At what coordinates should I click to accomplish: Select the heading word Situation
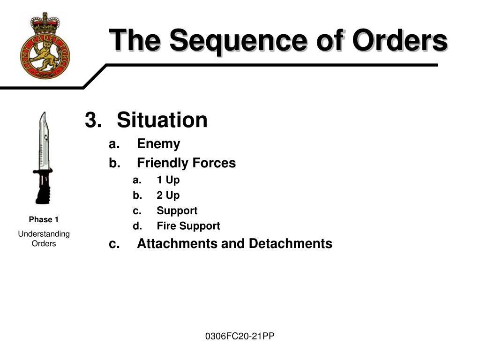click(162, 120)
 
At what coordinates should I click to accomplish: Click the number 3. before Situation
click(93, 120)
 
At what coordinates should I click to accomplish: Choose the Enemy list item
click(158, 144)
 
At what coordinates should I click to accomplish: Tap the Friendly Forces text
click(186, 163)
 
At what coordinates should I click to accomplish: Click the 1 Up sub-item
click(168, 180)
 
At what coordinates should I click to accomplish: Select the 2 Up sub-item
click(168, 195)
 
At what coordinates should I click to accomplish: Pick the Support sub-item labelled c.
click(177, 211)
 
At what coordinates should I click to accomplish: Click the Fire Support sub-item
click(188, 226)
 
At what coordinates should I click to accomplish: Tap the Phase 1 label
click(44, 219)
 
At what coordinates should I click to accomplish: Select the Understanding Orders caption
click(44, 239)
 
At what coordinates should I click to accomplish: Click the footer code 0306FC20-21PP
click(240, 336)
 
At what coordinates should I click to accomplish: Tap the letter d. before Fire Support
click(137, 226)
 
